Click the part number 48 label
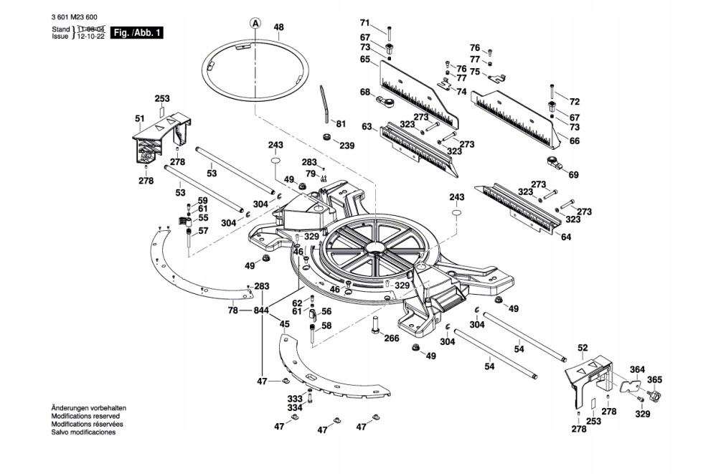pyautogui.click(x=279, y=27)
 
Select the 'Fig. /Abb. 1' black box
pyautogui.click(x=138, y=33)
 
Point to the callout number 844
pyautogui.click(x=260, y=311)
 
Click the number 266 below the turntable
pyautogui.click(x=392, y=338)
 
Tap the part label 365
pyautogui.click(x=654, y=379)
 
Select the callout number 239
pyautogui.click(x=347, y=146)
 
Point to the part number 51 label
pyautogui.click(x=140, y=118)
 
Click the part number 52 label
pyautogui.click(x=583, y=348)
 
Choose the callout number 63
pyautogui.click(x=367, y=127)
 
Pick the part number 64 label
pyautogui.click(x=566, y=237)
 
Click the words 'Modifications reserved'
pyautogui.click(x=85, y=415)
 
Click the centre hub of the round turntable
pyautogui.click(x=377, y=248)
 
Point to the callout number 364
pyautogui.click(x=637, y=369)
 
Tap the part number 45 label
pyautogui.click(x=285, y=324)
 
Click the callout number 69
pyautogui.click(x=572, y=175)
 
